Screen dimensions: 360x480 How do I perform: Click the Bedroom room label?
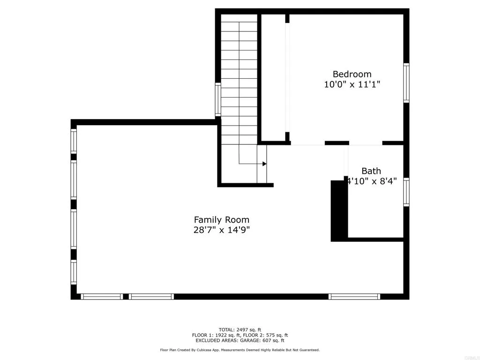coord(352,74)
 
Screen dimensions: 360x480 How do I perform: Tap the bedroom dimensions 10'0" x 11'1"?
coord(352,85)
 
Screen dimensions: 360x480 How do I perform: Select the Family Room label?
coord(222,219)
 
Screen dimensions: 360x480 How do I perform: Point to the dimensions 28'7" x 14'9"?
coord(222,230)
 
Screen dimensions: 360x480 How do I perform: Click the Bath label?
coord(371,171)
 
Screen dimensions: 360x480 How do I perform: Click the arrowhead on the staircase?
coord(264,164)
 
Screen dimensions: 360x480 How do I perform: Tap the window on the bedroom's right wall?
coord(406,83)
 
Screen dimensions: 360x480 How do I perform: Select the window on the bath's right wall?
coord(406,192)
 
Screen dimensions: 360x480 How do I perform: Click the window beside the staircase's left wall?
coord(218,99)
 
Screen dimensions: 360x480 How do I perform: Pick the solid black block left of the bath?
coord(339,211)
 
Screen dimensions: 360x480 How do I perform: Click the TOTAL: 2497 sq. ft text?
coord(240,330)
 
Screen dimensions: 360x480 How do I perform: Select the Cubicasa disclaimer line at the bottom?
coord(240,350)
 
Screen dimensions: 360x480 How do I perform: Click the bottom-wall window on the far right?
coord(354,296)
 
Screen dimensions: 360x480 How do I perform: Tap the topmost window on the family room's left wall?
coord(74,141)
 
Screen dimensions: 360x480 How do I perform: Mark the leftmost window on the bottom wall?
coord(101,296)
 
